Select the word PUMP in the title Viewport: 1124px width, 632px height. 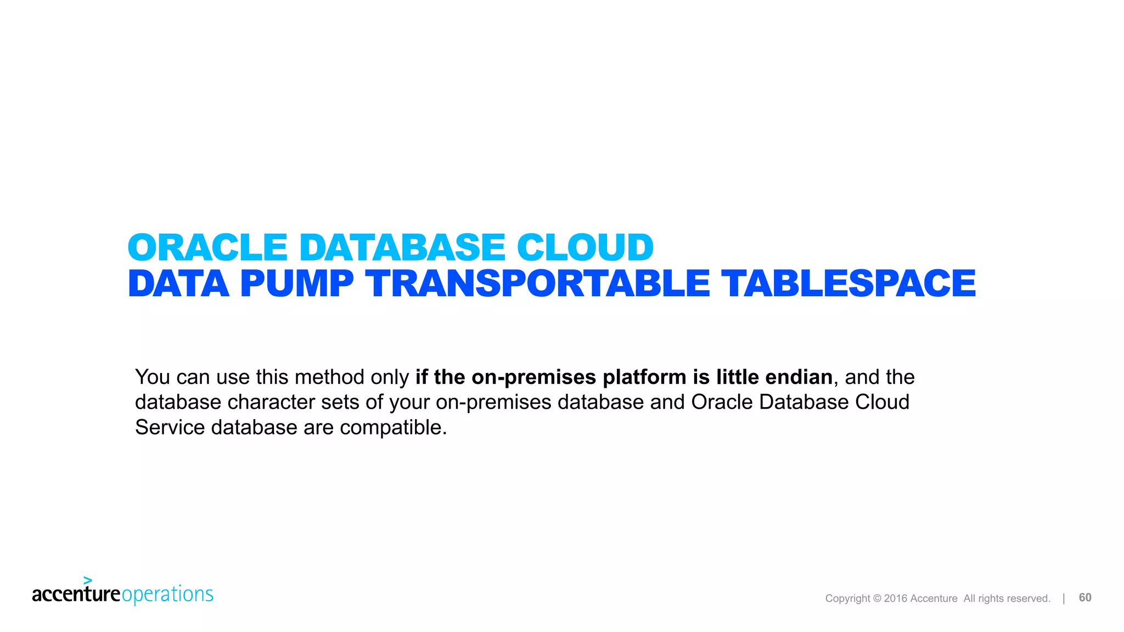297,284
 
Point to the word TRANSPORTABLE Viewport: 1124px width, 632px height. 538,284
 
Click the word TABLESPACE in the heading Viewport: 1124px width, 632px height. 848,284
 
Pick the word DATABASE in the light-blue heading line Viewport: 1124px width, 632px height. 402,247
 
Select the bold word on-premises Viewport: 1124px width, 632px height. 533,377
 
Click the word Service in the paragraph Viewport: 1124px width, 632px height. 170,427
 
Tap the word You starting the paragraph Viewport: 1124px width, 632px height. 153,377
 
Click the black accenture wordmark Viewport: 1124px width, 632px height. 76,594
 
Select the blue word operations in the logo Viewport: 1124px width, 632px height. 167,595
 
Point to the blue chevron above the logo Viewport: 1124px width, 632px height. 87,580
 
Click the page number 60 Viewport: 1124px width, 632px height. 1085,597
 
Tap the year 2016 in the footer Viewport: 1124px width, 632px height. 896,599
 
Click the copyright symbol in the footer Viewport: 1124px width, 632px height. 876,599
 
